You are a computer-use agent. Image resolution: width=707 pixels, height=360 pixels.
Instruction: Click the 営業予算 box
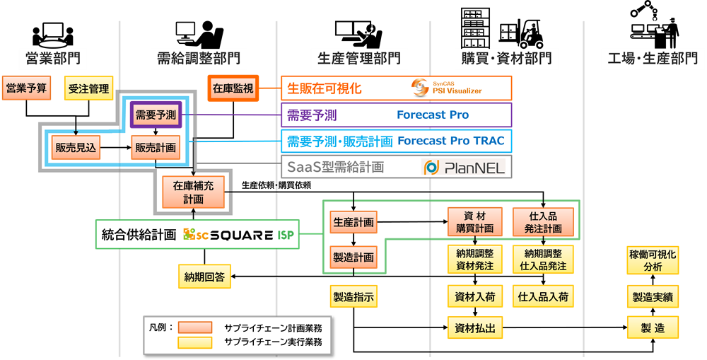26,88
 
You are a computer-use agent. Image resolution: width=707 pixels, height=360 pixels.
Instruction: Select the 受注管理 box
88,88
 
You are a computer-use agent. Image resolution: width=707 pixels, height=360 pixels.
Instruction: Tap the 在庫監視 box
233,89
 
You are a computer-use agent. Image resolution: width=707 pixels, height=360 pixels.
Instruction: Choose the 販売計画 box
156,148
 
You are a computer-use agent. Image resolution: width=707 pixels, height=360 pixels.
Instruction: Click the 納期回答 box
204,277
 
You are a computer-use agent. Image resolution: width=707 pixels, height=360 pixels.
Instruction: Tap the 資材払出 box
474,327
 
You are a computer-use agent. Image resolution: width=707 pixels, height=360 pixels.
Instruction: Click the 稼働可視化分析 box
653,260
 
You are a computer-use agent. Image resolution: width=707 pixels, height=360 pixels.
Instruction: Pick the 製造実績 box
653,296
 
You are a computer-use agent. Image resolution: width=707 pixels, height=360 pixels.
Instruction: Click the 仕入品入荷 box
543,296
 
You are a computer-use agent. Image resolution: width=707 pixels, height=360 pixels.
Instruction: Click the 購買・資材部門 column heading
506,58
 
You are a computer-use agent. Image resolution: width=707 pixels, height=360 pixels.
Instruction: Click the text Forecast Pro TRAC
451,141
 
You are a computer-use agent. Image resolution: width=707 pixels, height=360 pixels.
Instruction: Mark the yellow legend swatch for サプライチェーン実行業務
195,342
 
